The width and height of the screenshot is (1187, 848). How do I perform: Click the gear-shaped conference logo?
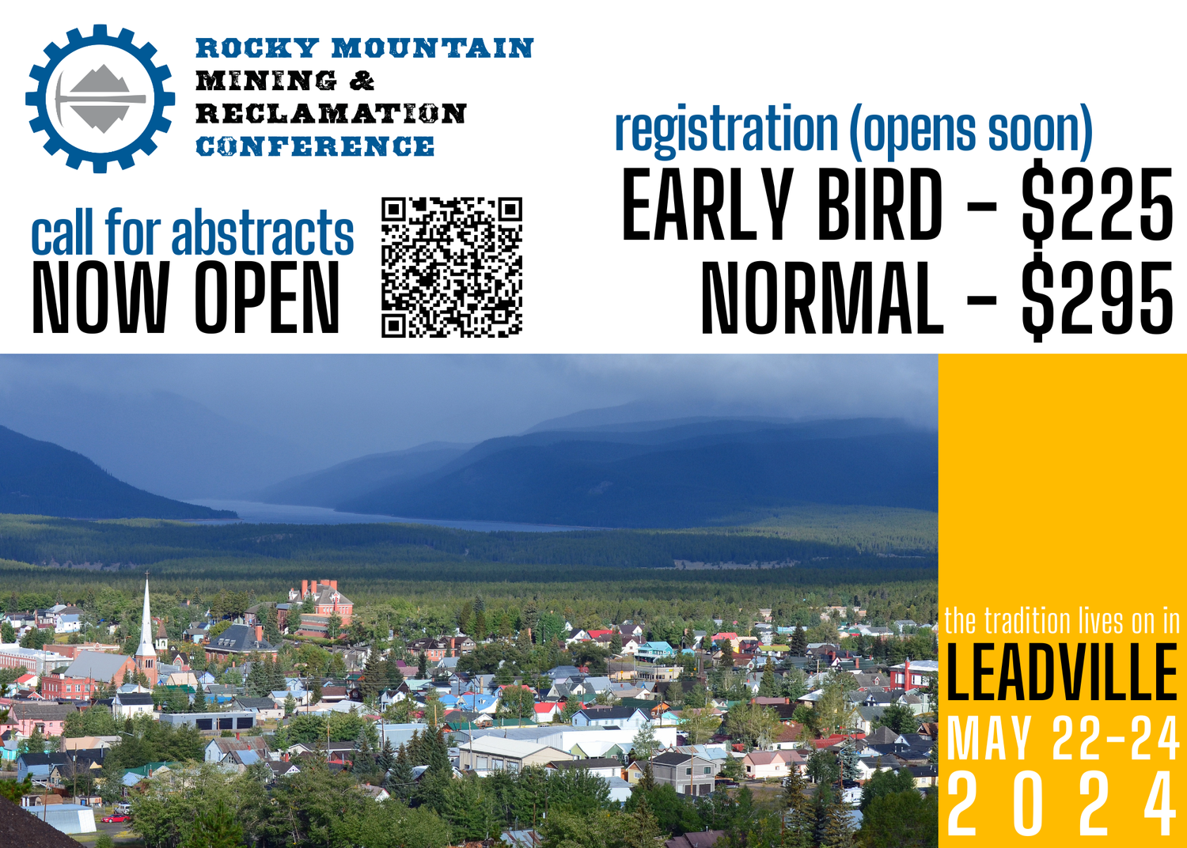point(100,99)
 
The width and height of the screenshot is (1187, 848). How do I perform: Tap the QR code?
point(452,267)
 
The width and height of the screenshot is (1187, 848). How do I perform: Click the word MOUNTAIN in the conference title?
point(432,48)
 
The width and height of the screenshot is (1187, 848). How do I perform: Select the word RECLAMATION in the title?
point(331,114)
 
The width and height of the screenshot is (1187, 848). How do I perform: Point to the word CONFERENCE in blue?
point(315,147)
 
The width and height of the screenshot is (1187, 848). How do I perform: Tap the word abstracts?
point(263,234)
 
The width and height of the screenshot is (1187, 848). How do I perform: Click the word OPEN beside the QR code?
point(267,297)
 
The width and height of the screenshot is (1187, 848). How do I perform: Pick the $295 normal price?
point(1096,297)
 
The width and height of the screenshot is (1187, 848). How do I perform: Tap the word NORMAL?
point(822,297)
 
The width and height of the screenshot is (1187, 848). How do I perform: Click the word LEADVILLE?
point(1062,672)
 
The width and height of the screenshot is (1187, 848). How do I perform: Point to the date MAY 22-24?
point(1062,740)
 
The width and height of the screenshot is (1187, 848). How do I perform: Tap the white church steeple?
point(146,621)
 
